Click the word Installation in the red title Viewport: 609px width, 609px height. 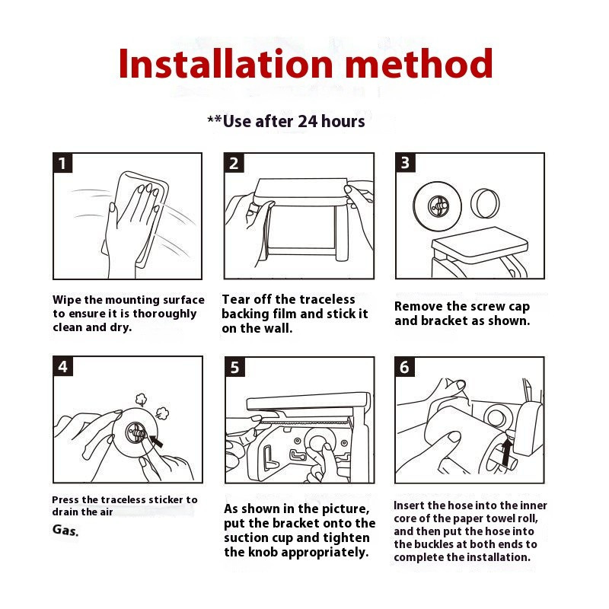pyautogui.click(x=225, y=64)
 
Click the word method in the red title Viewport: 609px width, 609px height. pyautogui.click(x=419, y=64)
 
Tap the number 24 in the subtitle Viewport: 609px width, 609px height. pyautogui.click(x=308, y=121)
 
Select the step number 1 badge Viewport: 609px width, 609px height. pyautogui.click(x=62, y=163)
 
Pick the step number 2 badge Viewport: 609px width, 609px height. pyautogui.click(x=234, y=163)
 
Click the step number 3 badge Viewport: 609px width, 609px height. pyautogui.click(x=405, y=163)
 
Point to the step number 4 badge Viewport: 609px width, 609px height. pyautogui.click(x=62, y=366)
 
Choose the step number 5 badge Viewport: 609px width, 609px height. pyautogui.click(x=234, y=367)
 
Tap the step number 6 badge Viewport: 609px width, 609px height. pyautogui.click(x=404, y=367)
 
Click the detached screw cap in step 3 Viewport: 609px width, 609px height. pyautogui.click(x=485, y=203)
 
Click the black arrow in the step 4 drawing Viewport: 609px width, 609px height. pyautogui.click(x=156, y=442)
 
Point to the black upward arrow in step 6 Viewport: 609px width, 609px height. pyautogui.click(x=505, y=452)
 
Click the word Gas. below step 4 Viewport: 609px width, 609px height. pyautogui.click(x=65, y=530)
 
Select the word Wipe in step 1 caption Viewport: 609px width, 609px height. pyautogui.click(x=67, y=300)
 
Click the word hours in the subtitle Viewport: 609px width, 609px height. pyautogui.click(x=343, y=121)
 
